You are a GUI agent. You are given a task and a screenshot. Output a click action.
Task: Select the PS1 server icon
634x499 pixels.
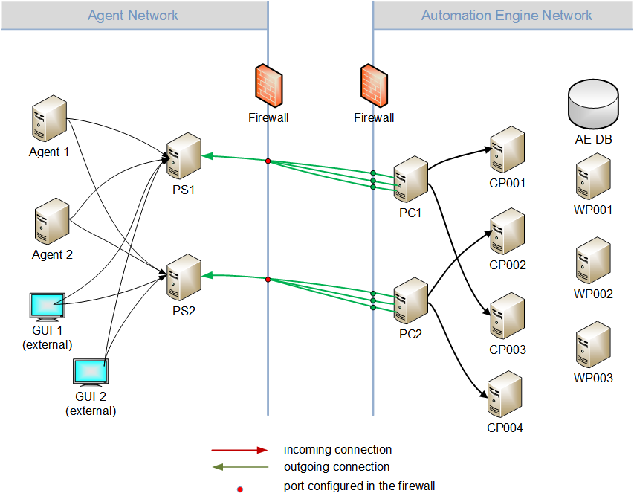tap(184, 157)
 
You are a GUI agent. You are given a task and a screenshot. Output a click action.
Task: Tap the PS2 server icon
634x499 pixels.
tap(184, 277)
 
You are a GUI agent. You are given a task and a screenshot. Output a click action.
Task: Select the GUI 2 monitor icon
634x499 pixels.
tap(91, 373)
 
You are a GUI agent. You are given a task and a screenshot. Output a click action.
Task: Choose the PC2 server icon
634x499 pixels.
tap(410, 301)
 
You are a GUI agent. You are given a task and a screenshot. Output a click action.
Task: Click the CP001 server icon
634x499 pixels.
tap(507, 149)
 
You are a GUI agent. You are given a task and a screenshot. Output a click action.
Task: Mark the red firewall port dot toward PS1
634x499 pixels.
tap(268, 160)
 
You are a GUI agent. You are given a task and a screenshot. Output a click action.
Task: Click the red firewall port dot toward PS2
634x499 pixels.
tap(268, 280)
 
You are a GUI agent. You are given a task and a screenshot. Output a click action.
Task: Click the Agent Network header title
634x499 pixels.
tap(133, 15)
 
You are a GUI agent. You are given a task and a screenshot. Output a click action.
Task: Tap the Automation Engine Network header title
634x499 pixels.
tap(506, 15)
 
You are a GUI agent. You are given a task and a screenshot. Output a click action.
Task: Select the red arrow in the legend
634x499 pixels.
tap(239, 450)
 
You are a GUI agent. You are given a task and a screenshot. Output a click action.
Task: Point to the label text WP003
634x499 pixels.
tap(593, 378)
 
